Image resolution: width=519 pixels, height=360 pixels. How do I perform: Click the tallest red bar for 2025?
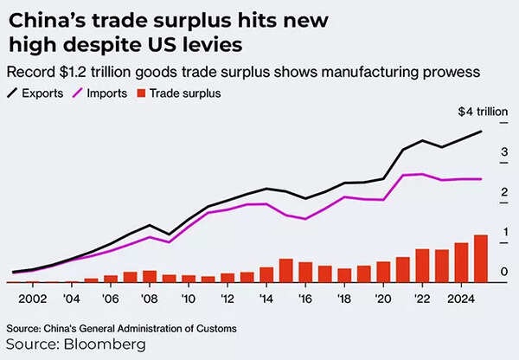(x=481, y=258)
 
